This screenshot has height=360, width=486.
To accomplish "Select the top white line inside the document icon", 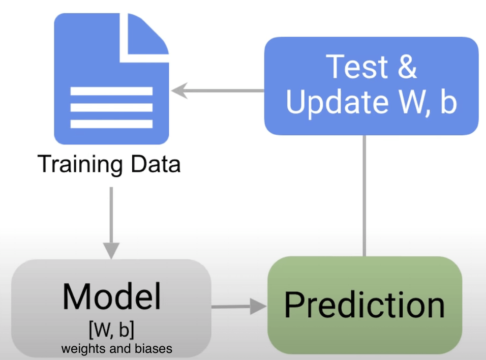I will tap(111, 92).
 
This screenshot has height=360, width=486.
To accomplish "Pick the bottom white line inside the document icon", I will tap(111, 124).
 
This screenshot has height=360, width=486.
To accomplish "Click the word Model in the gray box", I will tap(111, 296).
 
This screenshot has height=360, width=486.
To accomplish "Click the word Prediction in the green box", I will tap(364, 305).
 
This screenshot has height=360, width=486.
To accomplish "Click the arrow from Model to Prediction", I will tap(239, 307).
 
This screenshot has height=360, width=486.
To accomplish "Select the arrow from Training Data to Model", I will tap(111, 224).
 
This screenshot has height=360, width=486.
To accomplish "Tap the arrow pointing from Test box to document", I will tap(219, 92).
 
